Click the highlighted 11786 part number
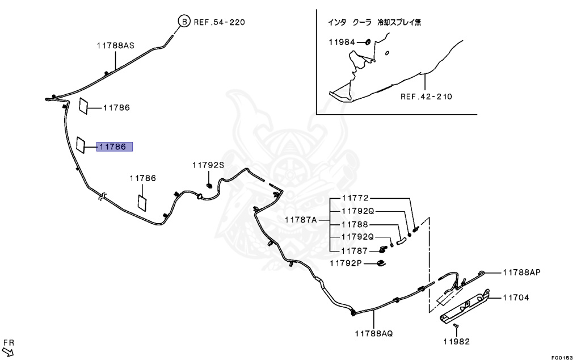click(x=114, y=146)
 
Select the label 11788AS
click(x=115, y=45)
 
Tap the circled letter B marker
click(x=184, y=22)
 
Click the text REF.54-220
click(x=220, y=22)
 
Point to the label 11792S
click(x=208, y=165)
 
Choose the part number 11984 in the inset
click(x=342, y=42)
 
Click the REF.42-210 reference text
click(x=426, y=97)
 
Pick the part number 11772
click(x=355, y=198)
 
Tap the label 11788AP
click(x=521, y=273)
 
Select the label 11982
click(x=457, y=341)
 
